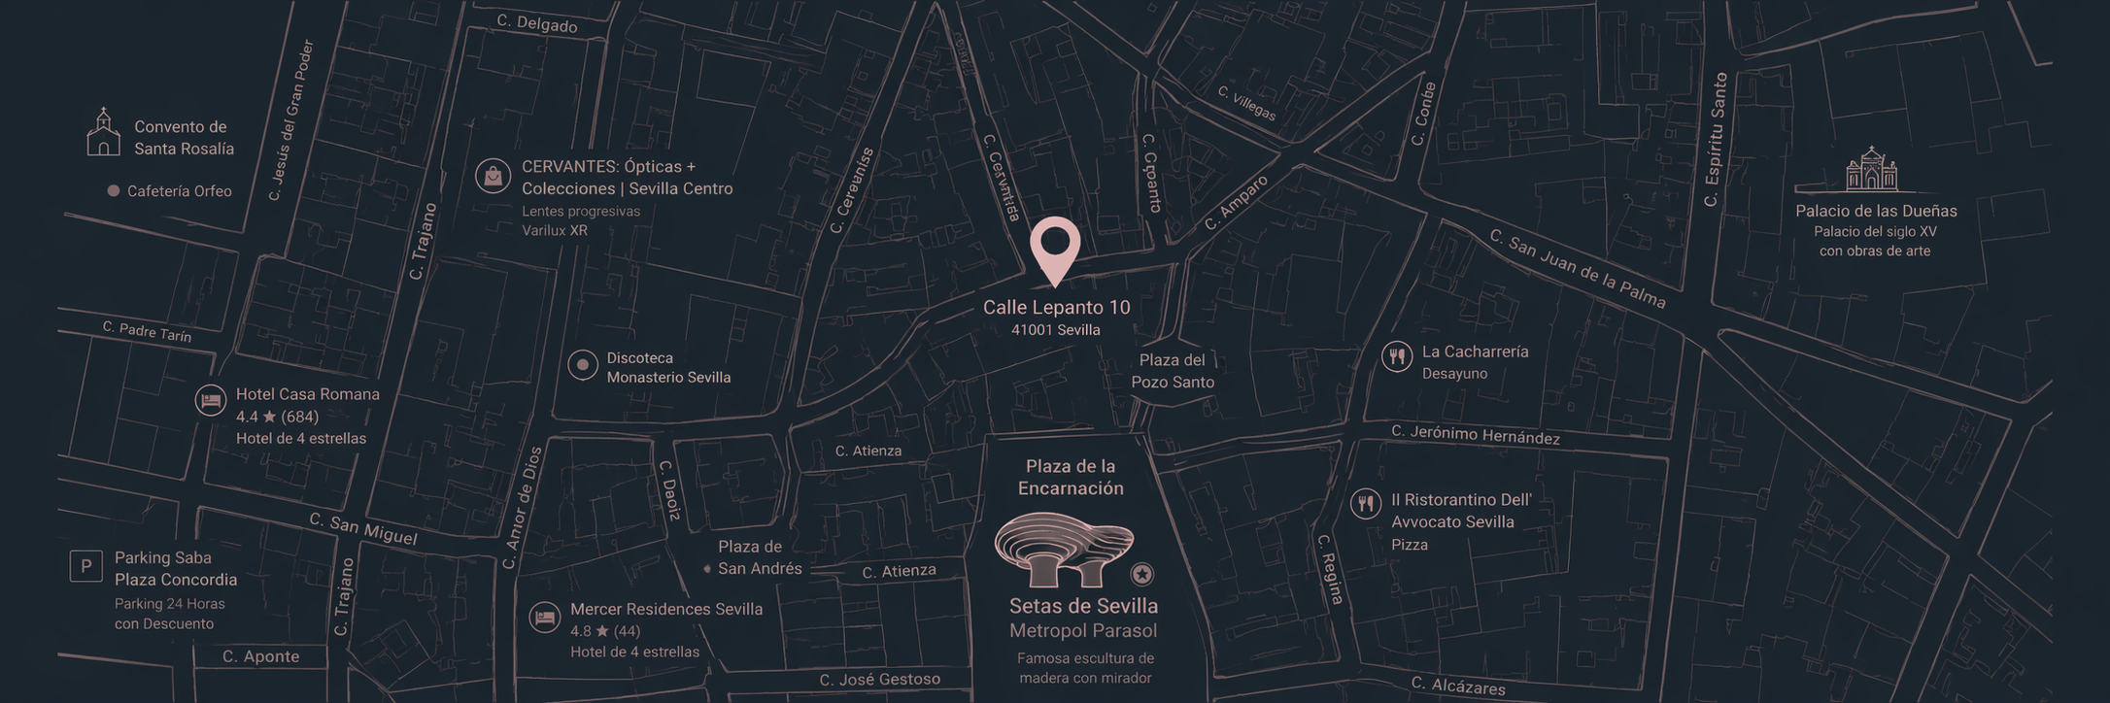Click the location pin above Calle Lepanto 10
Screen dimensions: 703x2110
tap(1055, 246)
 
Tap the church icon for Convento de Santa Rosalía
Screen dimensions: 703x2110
tap(103, 133)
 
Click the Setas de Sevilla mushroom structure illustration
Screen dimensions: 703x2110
tap(1063, 549)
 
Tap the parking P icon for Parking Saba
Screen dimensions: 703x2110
tap(86, 565)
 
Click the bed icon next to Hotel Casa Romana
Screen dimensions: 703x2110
tap(211, 400)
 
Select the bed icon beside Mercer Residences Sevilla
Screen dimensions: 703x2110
tap(544, 618)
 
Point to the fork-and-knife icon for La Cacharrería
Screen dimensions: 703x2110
tap(1397, 356)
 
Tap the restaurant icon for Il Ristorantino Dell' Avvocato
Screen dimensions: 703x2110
tap(1366, 503)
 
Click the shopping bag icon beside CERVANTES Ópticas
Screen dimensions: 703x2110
tap(493, 176)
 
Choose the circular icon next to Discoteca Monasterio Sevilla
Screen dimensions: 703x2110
tap(583, 365)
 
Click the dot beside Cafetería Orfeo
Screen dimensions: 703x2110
tap(113, 191)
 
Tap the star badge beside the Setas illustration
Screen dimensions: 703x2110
tap(1142, 574)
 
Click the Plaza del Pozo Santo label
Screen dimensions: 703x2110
tap(1173, 371)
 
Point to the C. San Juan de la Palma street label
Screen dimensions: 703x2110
tap(1577, 269)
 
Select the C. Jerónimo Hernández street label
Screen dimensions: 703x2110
tap(1475, 435)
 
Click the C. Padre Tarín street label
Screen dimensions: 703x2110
tap(147, 332)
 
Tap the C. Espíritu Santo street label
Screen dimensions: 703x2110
tap(1716, 139)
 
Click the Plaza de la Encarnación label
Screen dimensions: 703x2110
tap(1071, 477)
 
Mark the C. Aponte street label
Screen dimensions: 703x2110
tap(260, 656)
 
